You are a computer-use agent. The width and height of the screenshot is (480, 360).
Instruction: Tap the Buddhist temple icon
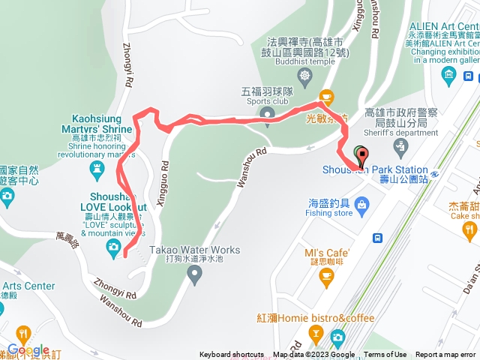(304, 76)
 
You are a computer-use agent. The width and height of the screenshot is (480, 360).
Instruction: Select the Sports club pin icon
(266, 113)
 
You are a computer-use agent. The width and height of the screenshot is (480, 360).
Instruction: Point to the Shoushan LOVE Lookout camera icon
(112, 247)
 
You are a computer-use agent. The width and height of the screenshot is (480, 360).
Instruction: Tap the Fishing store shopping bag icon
(362, 203)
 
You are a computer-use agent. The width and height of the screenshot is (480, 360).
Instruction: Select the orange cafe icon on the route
(325, 97)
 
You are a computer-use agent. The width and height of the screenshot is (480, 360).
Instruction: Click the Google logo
(28, 350)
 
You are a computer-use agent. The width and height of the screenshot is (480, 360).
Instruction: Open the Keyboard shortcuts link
(231, 355)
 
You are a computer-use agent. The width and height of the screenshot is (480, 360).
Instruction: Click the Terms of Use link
(385, 355)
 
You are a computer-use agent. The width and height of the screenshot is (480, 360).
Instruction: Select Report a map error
(447, 355)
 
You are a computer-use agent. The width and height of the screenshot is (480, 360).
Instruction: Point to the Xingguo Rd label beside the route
(163, 172)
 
